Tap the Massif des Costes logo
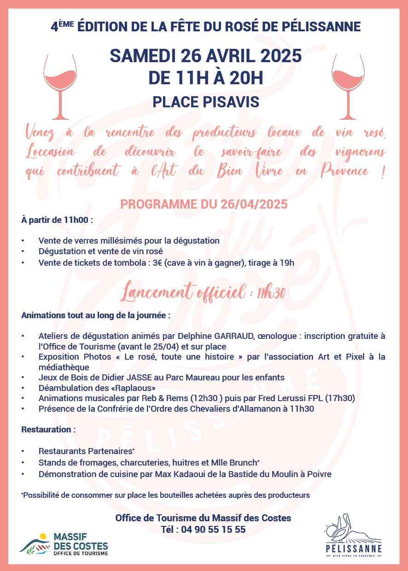coord(64,543)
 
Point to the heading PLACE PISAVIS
coord(206,102)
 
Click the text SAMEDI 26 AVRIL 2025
coord(206,56)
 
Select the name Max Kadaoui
coord(180,474)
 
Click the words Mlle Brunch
coord(233,462)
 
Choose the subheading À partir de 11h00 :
coord(57,220)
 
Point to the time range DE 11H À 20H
coord(206,77)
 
